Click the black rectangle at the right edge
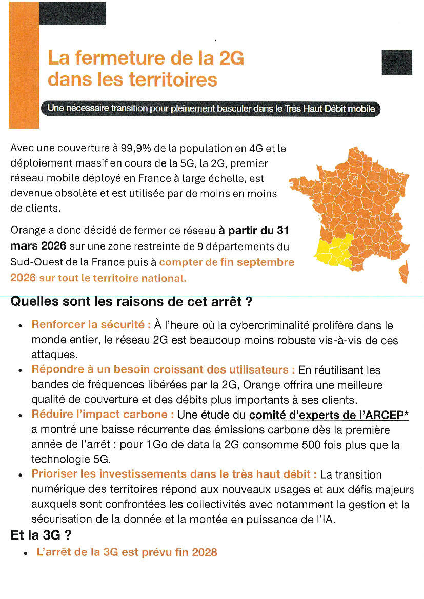coord(397,62)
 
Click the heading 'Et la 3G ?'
coord(41,536)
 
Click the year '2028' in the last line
coord(204,552)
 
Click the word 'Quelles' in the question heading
coord(32,301)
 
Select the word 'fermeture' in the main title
coord(115,58)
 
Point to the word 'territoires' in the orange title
coord(173,80)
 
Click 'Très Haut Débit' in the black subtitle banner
coord(313,109)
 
